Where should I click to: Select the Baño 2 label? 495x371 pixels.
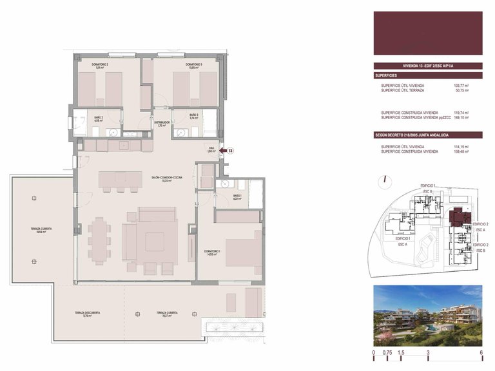pyautogui.click(x=99, y=119)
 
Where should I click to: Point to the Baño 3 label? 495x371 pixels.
pyautogui.click(x=193, y=117)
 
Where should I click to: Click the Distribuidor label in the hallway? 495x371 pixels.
pyautogui.click(x=162, y=124)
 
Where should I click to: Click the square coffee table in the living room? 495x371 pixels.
pyautogui.click(x=155, y=241)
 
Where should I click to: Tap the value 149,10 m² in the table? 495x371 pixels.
pyautogui.click(x=461, y=118)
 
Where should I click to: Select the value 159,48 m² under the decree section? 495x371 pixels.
pyautogui.click(x=461, y=152)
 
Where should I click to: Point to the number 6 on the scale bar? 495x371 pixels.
pyautogui.click(x=481, y=354)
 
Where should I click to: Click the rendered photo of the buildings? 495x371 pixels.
pyautogui.click(x=427, y=316)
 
